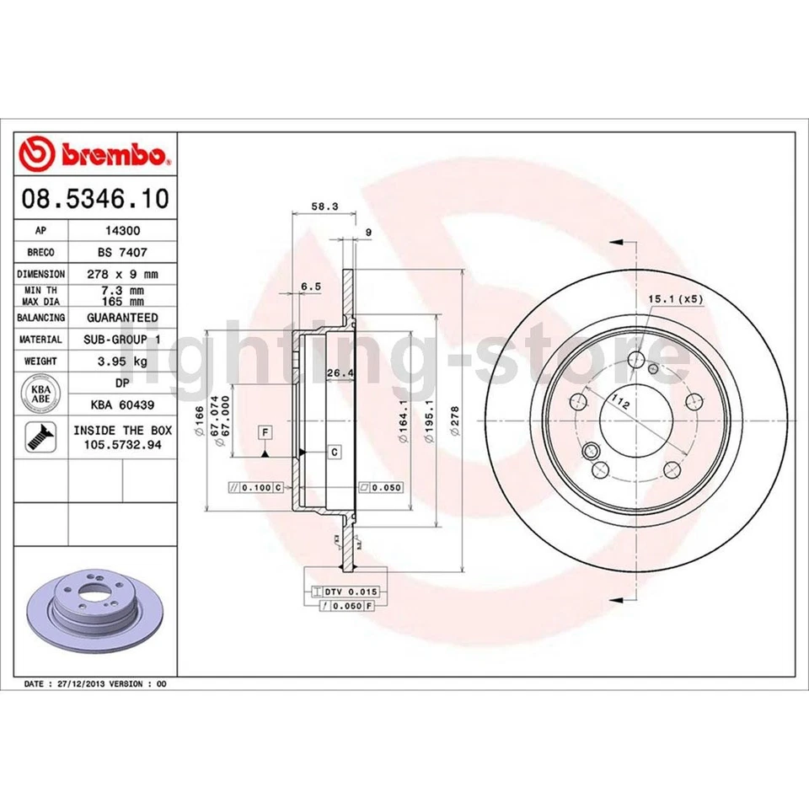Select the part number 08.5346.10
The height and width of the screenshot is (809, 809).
coord(94,200)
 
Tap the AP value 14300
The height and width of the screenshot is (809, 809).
coord(121,230)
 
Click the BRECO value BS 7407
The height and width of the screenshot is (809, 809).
coord(121,252)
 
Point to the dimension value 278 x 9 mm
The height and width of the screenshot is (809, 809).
coord(121,274)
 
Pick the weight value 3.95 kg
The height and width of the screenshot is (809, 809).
coord(121,362)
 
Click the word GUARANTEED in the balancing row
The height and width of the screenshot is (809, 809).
coord(121,318)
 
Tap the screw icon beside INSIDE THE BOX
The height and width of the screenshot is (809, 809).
coord(40,436)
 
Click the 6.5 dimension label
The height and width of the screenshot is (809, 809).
coord(311,287)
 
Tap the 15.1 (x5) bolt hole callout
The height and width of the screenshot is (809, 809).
coord(674,299)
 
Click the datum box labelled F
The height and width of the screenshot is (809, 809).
coord(265,433)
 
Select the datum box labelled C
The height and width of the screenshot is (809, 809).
coord(334,453)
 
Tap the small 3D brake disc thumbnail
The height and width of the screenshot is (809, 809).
coord(92,610)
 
